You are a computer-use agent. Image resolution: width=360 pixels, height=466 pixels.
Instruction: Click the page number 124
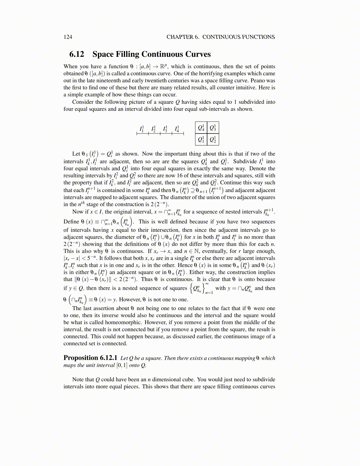coord(68,37)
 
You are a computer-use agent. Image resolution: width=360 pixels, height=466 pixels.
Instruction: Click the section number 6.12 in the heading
coord(77,54)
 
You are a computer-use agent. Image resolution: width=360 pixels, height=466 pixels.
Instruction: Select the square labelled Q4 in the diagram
coord(201,128)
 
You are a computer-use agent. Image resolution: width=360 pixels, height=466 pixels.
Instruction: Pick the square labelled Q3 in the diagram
coord(213,128)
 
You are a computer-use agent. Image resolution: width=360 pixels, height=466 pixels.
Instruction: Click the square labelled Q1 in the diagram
coord(201,139)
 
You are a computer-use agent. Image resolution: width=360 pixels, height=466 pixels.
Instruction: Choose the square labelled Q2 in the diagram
coord(213,139)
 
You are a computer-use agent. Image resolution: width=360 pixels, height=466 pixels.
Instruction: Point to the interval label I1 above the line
coord(141,129)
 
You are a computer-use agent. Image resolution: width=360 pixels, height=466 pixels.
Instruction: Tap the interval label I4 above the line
coord(177,129)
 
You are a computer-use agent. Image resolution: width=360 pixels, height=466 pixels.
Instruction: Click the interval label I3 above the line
coord(165,129)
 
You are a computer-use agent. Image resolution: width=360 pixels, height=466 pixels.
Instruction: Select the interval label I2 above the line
coord(153,129)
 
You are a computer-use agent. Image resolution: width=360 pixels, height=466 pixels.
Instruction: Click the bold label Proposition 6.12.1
coord(90,358)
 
